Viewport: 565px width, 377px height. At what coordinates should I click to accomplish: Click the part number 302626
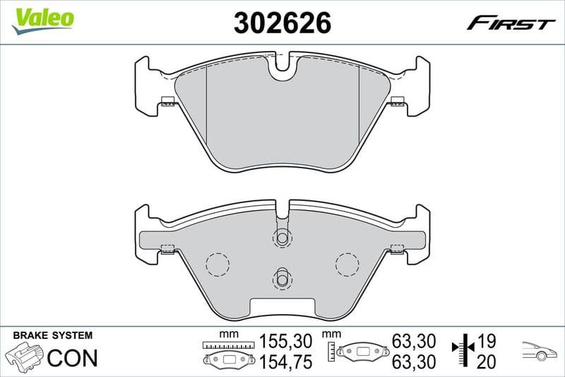pos(282,23)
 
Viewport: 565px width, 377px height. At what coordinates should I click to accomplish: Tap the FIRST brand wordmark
pos(511,23)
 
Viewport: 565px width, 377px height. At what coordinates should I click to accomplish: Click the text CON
pos(72,358)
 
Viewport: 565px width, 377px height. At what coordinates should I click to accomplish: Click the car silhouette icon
pos(540,351)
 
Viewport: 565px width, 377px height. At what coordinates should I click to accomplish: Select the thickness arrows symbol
pos(461,352)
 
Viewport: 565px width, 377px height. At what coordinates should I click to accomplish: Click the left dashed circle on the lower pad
pos(218,265)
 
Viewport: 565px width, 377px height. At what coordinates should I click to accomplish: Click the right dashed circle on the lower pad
pos(347,265)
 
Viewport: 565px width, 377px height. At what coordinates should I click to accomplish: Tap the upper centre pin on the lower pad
pos(282,238)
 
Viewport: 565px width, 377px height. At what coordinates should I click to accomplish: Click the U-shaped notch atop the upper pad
pos(282,66)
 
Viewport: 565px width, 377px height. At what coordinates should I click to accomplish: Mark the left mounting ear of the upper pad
pos(146,85)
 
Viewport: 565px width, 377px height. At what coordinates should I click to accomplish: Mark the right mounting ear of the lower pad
pos(419,233)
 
